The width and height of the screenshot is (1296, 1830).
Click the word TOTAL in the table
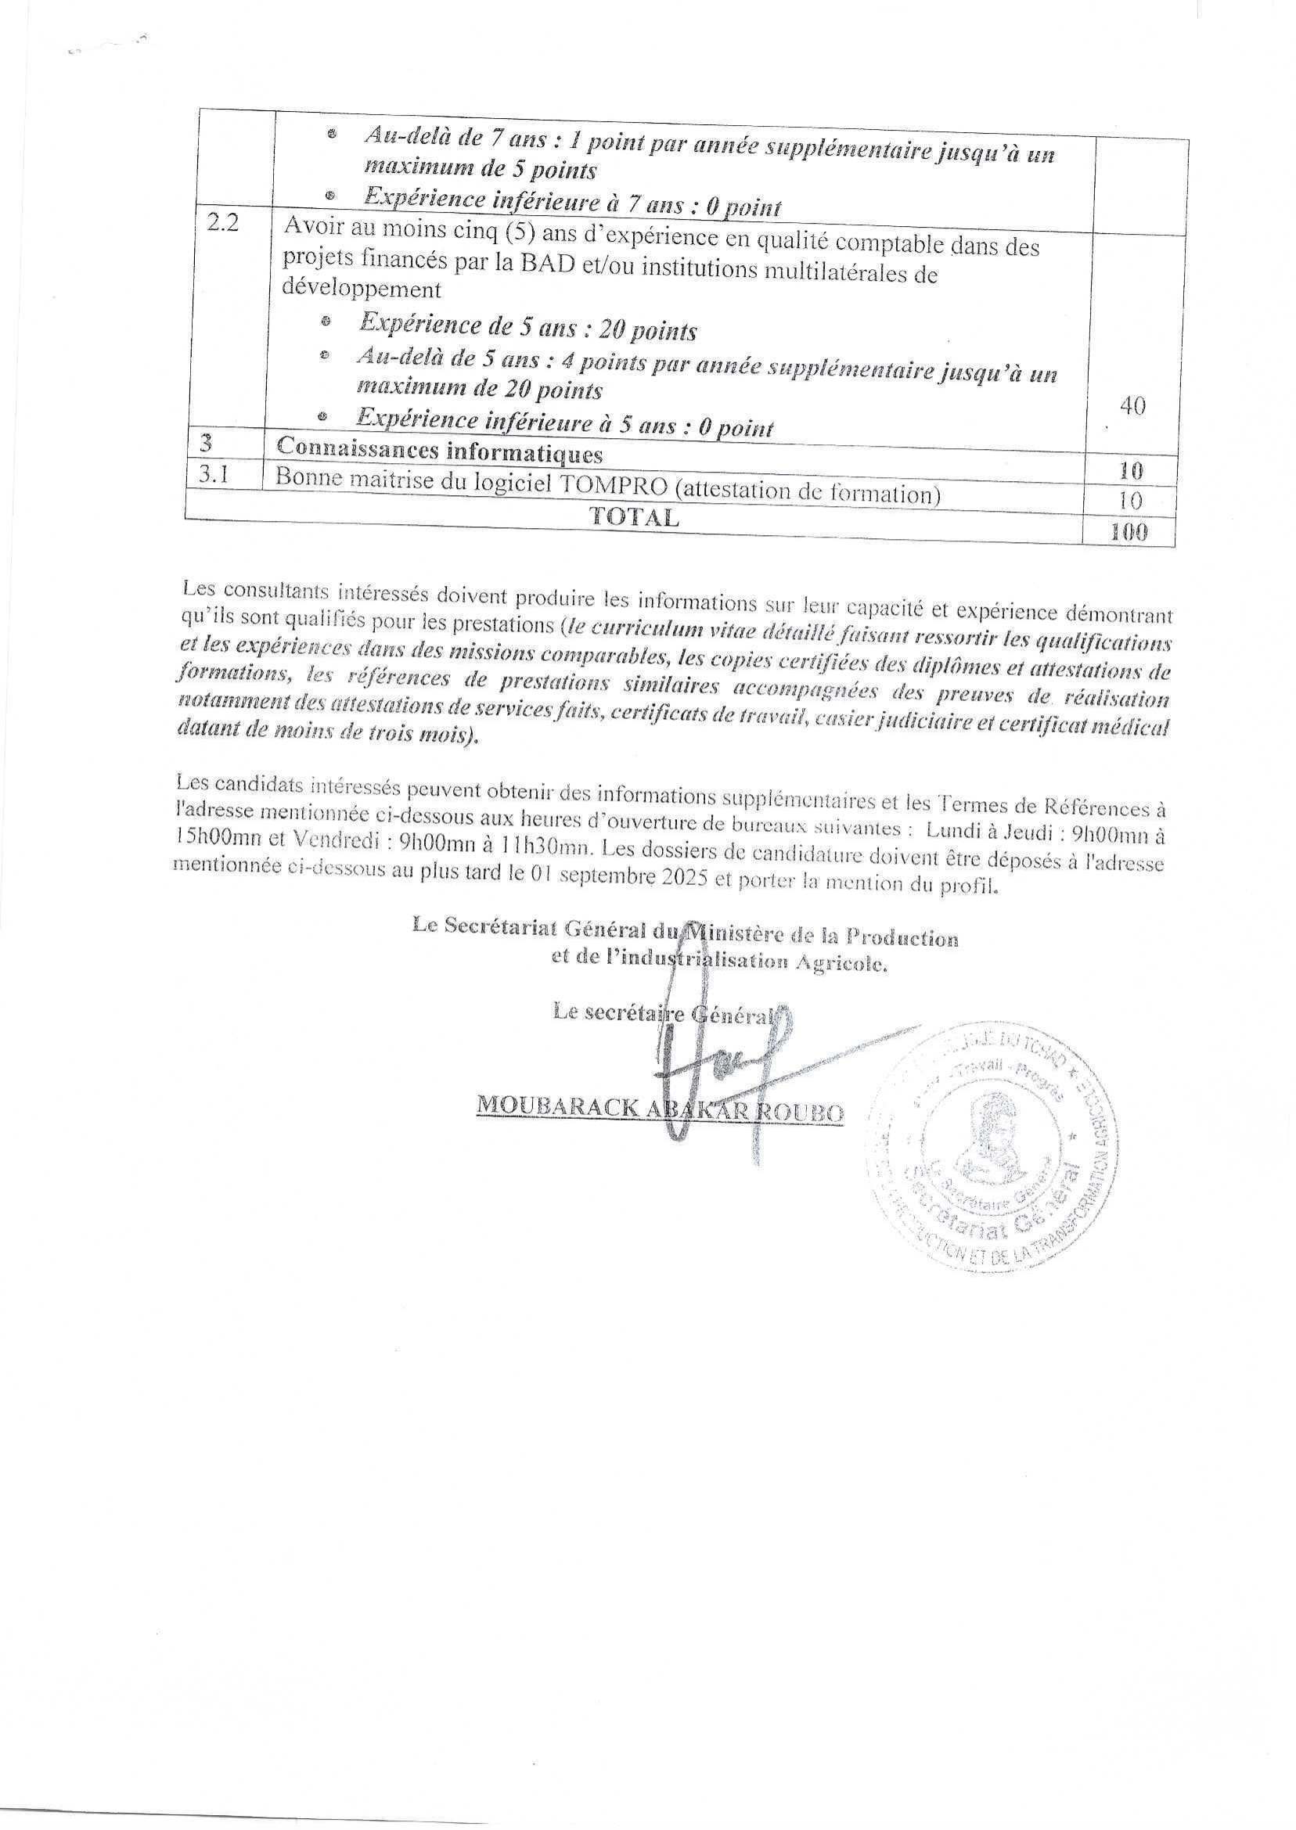click(635, 517)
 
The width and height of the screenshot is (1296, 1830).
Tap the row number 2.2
click(222, 223)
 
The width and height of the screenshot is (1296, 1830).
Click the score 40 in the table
click(1132, 406)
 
